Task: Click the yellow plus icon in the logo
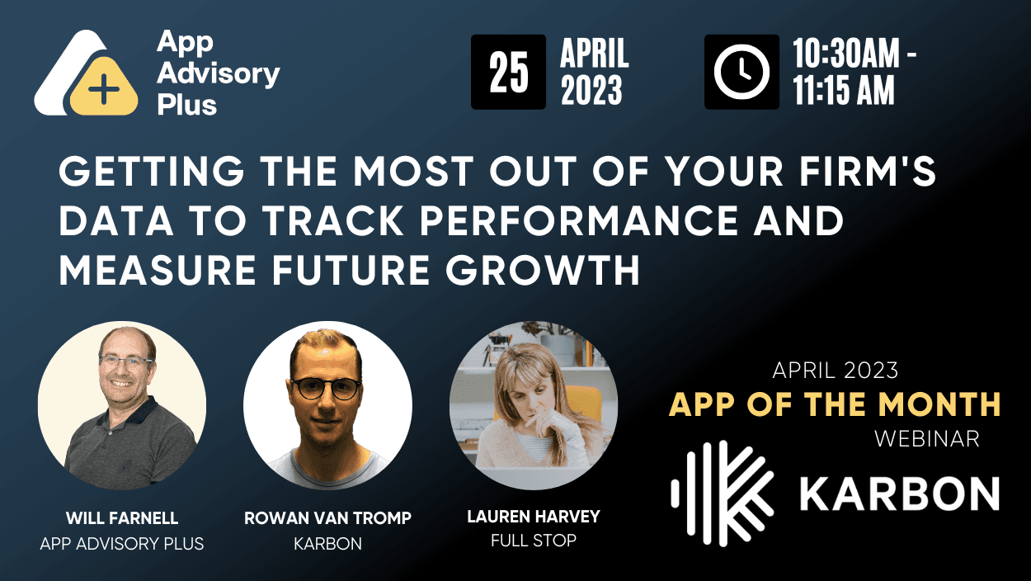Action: pos(103,88)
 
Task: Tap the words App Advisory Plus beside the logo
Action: pos(218,73)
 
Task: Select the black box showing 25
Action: pos(508,72)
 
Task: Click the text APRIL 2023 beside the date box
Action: pos(595,72)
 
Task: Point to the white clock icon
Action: pos(741,72)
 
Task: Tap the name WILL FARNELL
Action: pos(122,519)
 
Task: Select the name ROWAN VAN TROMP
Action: pos(327,519)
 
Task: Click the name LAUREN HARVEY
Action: pos(533,517)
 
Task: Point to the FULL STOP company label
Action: pos(533,541)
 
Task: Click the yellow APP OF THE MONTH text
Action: pos(835,404)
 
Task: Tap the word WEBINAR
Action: pos(927,439)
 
